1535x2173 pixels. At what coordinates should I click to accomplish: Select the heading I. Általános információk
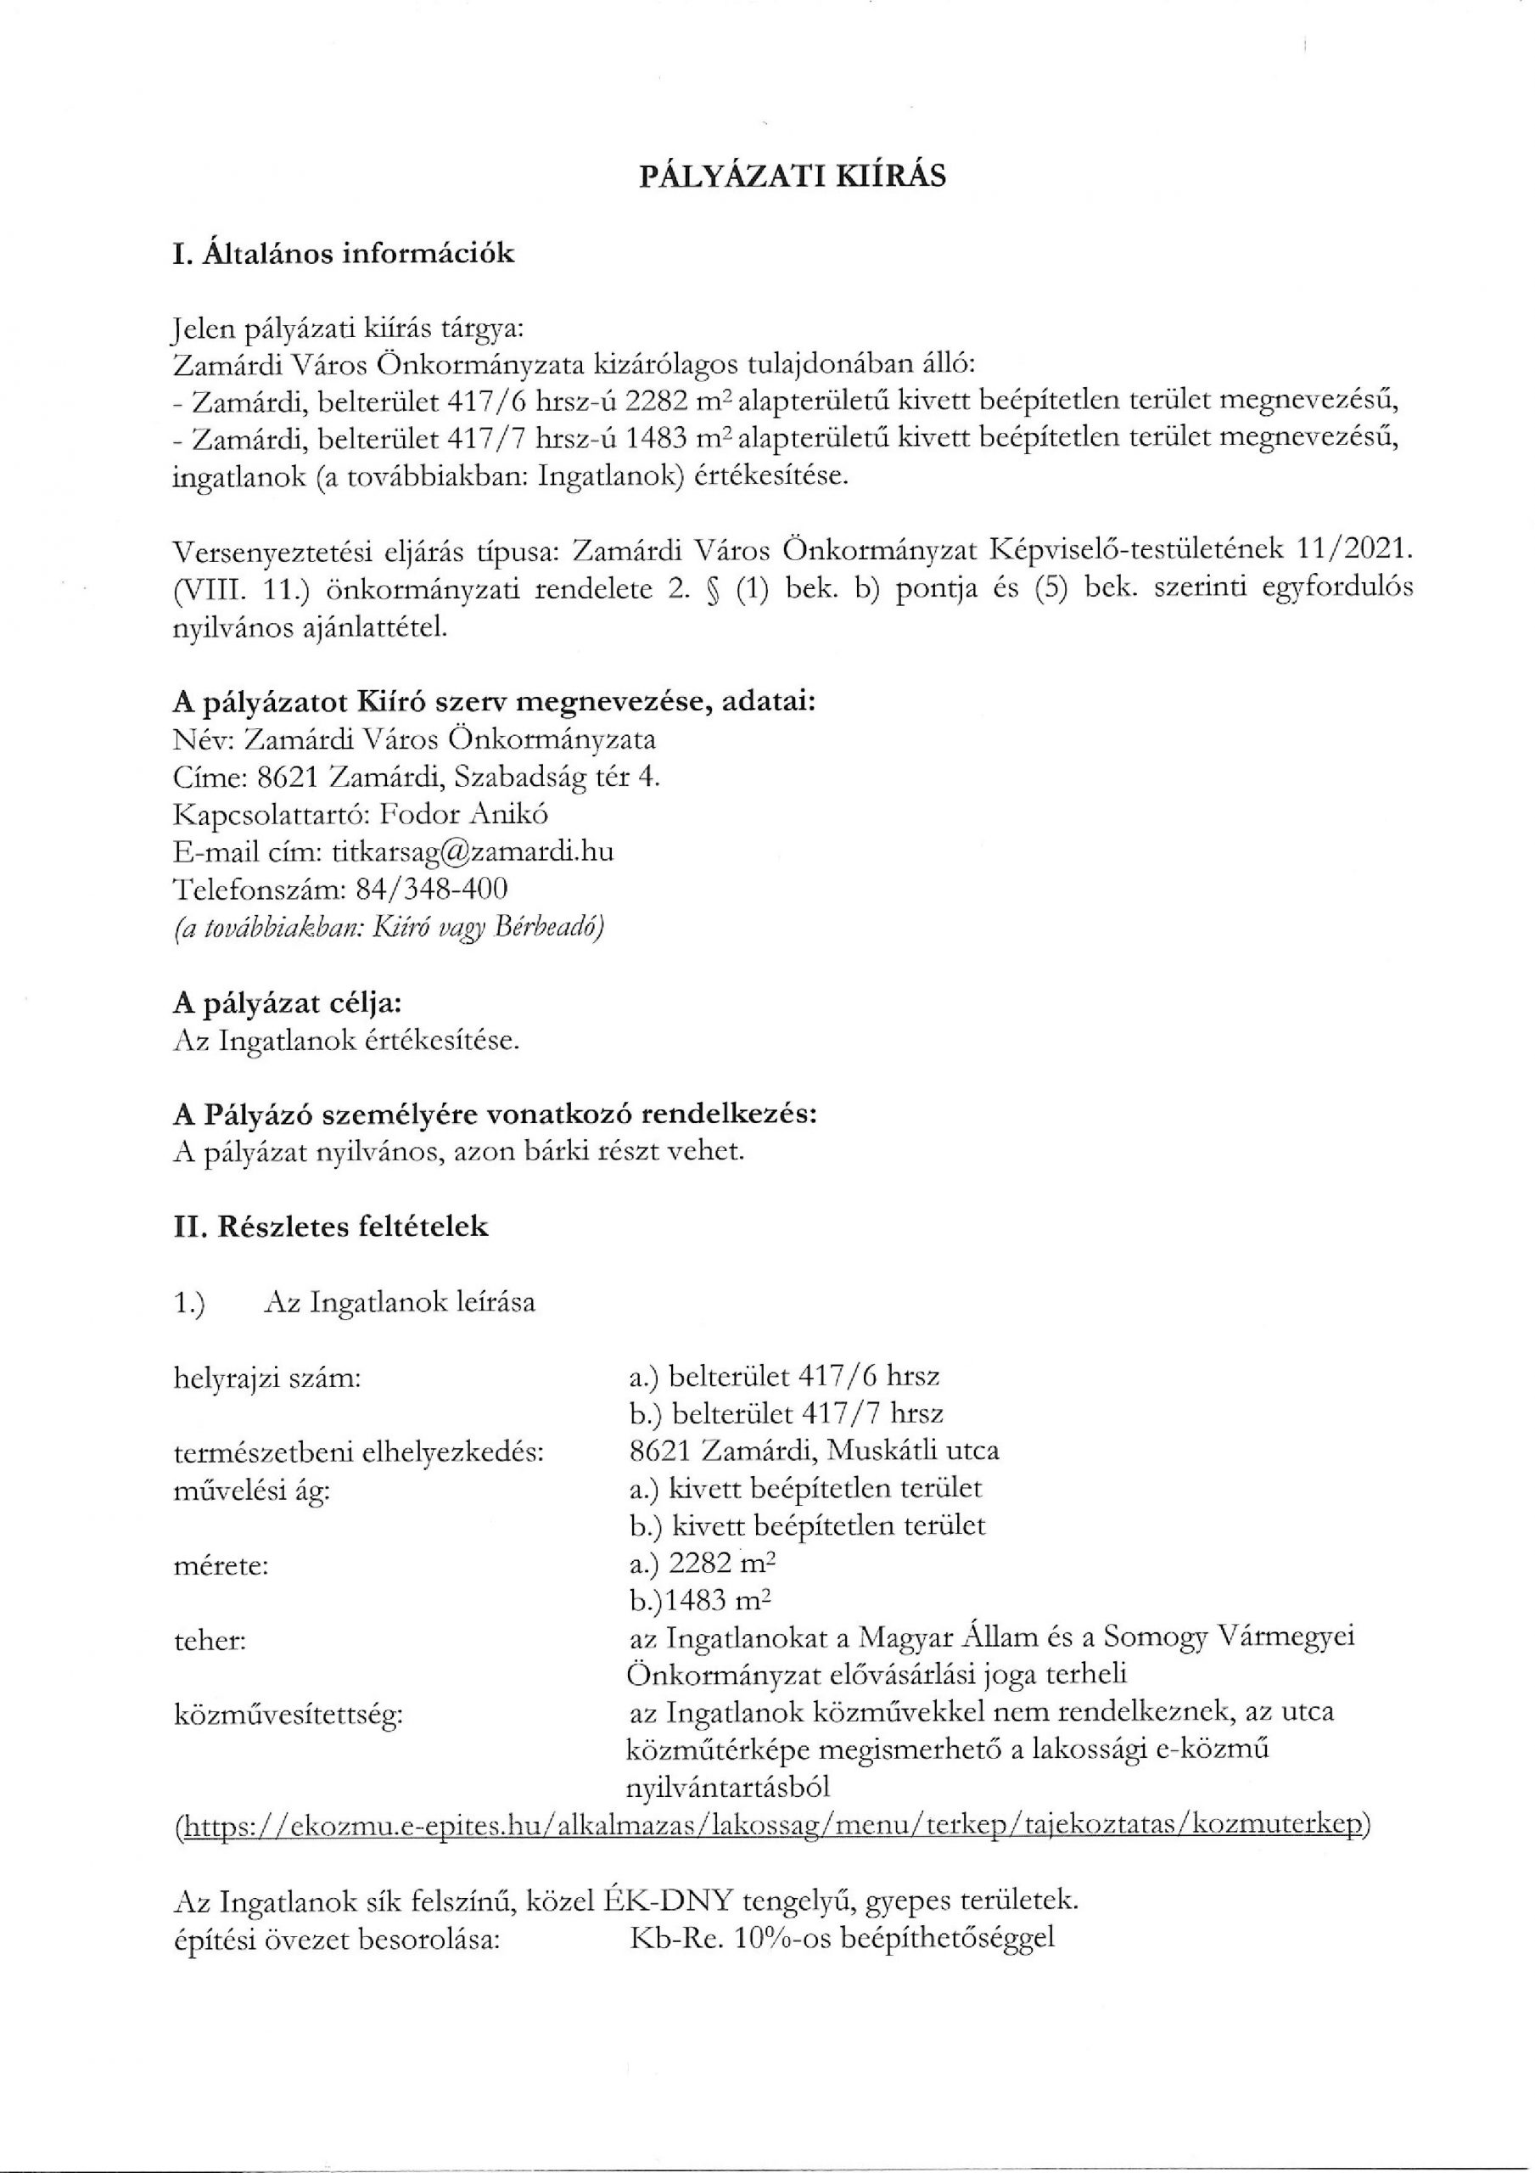click(x=344, y=254)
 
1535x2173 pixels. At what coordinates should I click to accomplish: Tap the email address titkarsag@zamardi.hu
click(x=473, y=851)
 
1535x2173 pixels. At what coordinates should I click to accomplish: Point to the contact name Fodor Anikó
click(x=469, y=814)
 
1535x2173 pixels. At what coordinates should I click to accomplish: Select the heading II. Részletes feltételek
click(x=331, y=1227)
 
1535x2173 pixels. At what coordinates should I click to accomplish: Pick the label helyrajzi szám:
click(x=269, y=1377)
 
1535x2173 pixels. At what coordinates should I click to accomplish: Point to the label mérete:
click(x=221, y=1565)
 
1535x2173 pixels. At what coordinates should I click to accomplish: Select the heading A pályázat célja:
click(x=288, y=1002)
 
